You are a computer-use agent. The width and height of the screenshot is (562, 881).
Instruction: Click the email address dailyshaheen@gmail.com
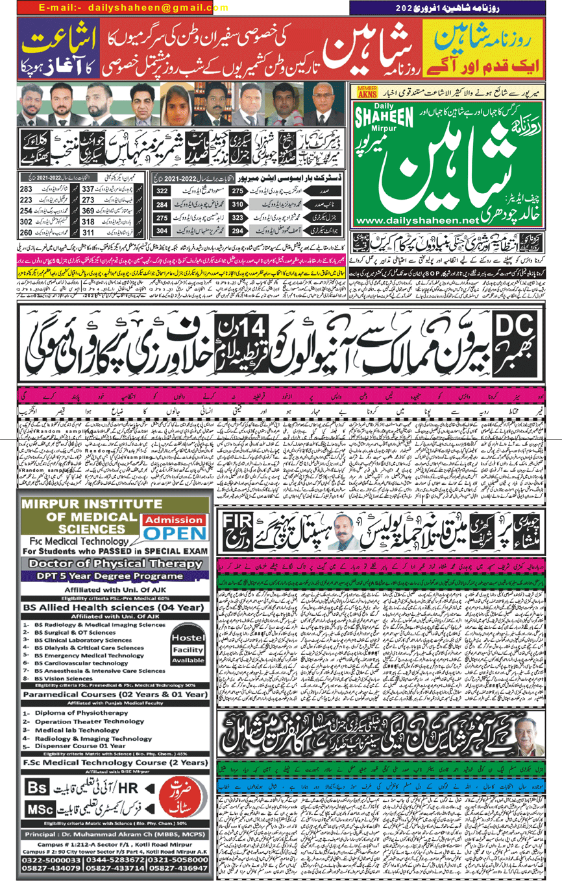123,8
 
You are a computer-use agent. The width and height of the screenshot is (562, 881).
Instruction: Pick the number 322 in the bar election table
162,191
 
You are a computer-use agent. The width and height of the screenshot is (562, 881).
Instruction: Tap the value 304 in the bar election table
162,231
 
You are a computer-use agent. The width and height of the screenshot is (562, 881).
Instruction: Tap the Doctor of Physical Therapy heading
115,563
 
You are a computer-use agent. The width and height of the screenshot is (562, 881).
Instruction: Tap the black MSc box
43,809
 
